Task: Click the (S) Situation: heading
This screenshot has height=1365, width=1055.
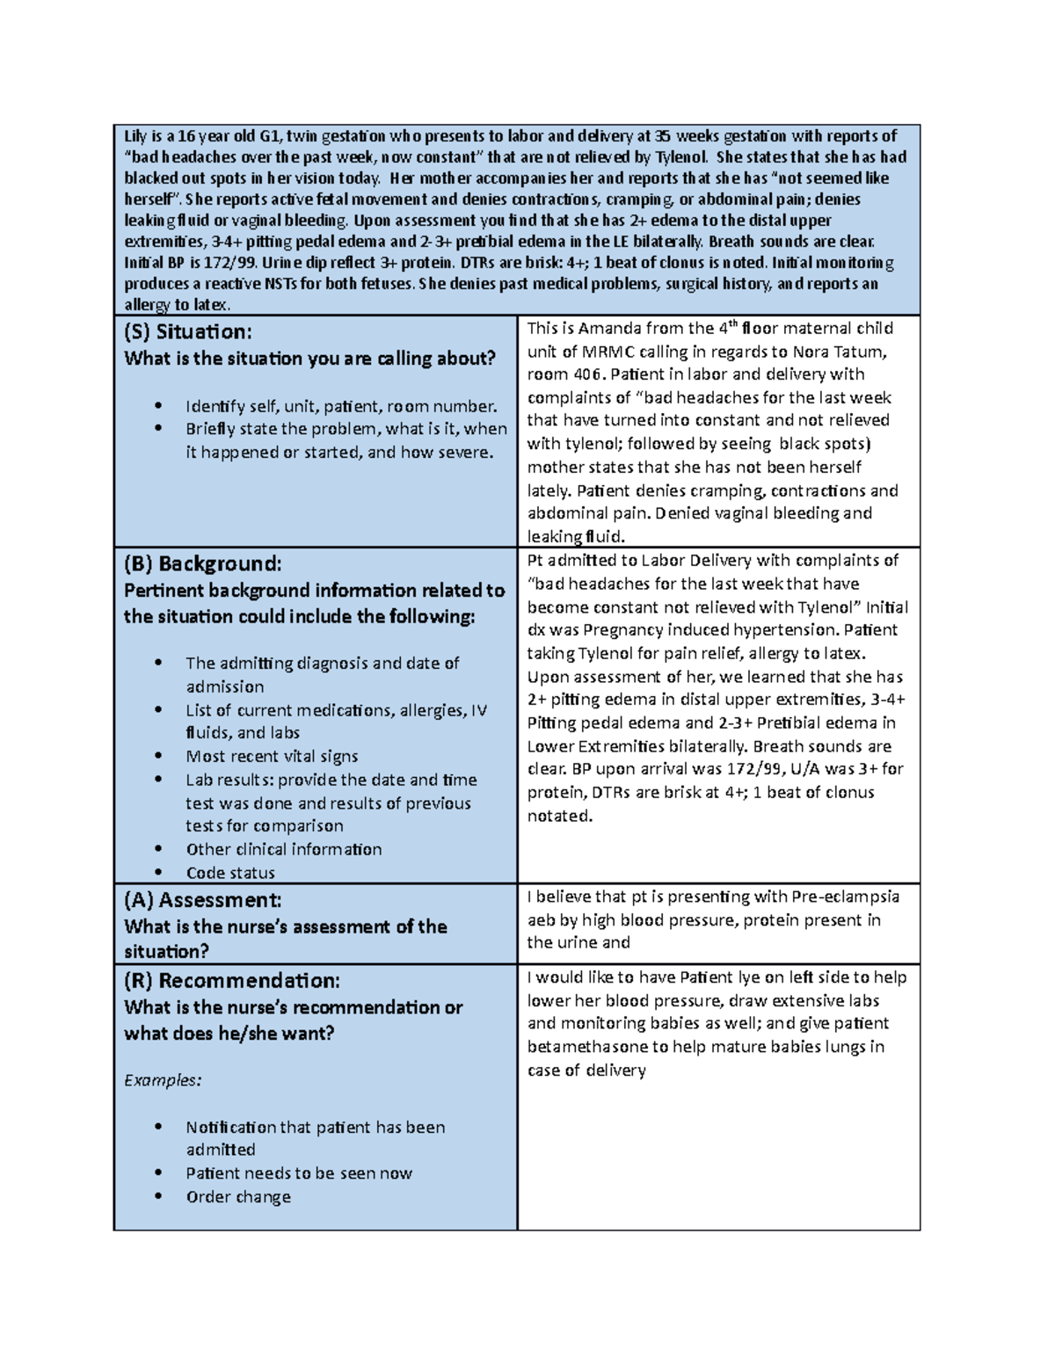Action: pyautogui.click(x=187, y=331)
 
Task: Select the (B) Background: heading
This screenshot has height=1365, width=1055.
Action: pyautogui.click(x=202, y=563)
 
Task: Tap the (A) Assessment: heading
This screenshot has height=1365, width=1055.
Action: pyautogui.click(x=202, y=900)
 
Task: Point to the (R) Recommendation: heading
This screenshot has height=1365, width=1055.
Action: pyautogui.click(x=231, y=980)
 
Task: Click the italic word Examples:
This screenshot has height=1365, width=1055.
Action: pyautogui.click(x=163, y=1080)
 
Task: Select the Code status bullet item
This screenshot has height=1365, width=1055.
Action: pyautogui.click(x=229, y=873)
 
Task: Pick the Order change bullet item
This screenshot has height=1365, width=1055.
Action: pyautogui.click(x=237, y=1196)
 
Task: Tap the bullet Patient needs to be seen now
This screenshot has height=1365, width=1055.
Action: pyautogui.click(x=298, y=1173)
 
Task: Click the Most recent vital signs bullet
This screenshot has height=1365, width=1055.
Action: pyautogui.click(x=272, y=756)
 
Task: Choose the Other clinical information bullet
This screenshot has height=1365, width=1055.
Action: pyautogui.click(x=283, y=849)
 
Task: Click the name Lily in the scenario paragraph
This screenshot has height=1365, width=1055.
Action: pyautogui.click(x=135, y=136)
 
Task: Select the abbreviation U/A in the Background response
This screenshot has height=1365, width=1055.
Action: pyautogui.click(x=804, y=769)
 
